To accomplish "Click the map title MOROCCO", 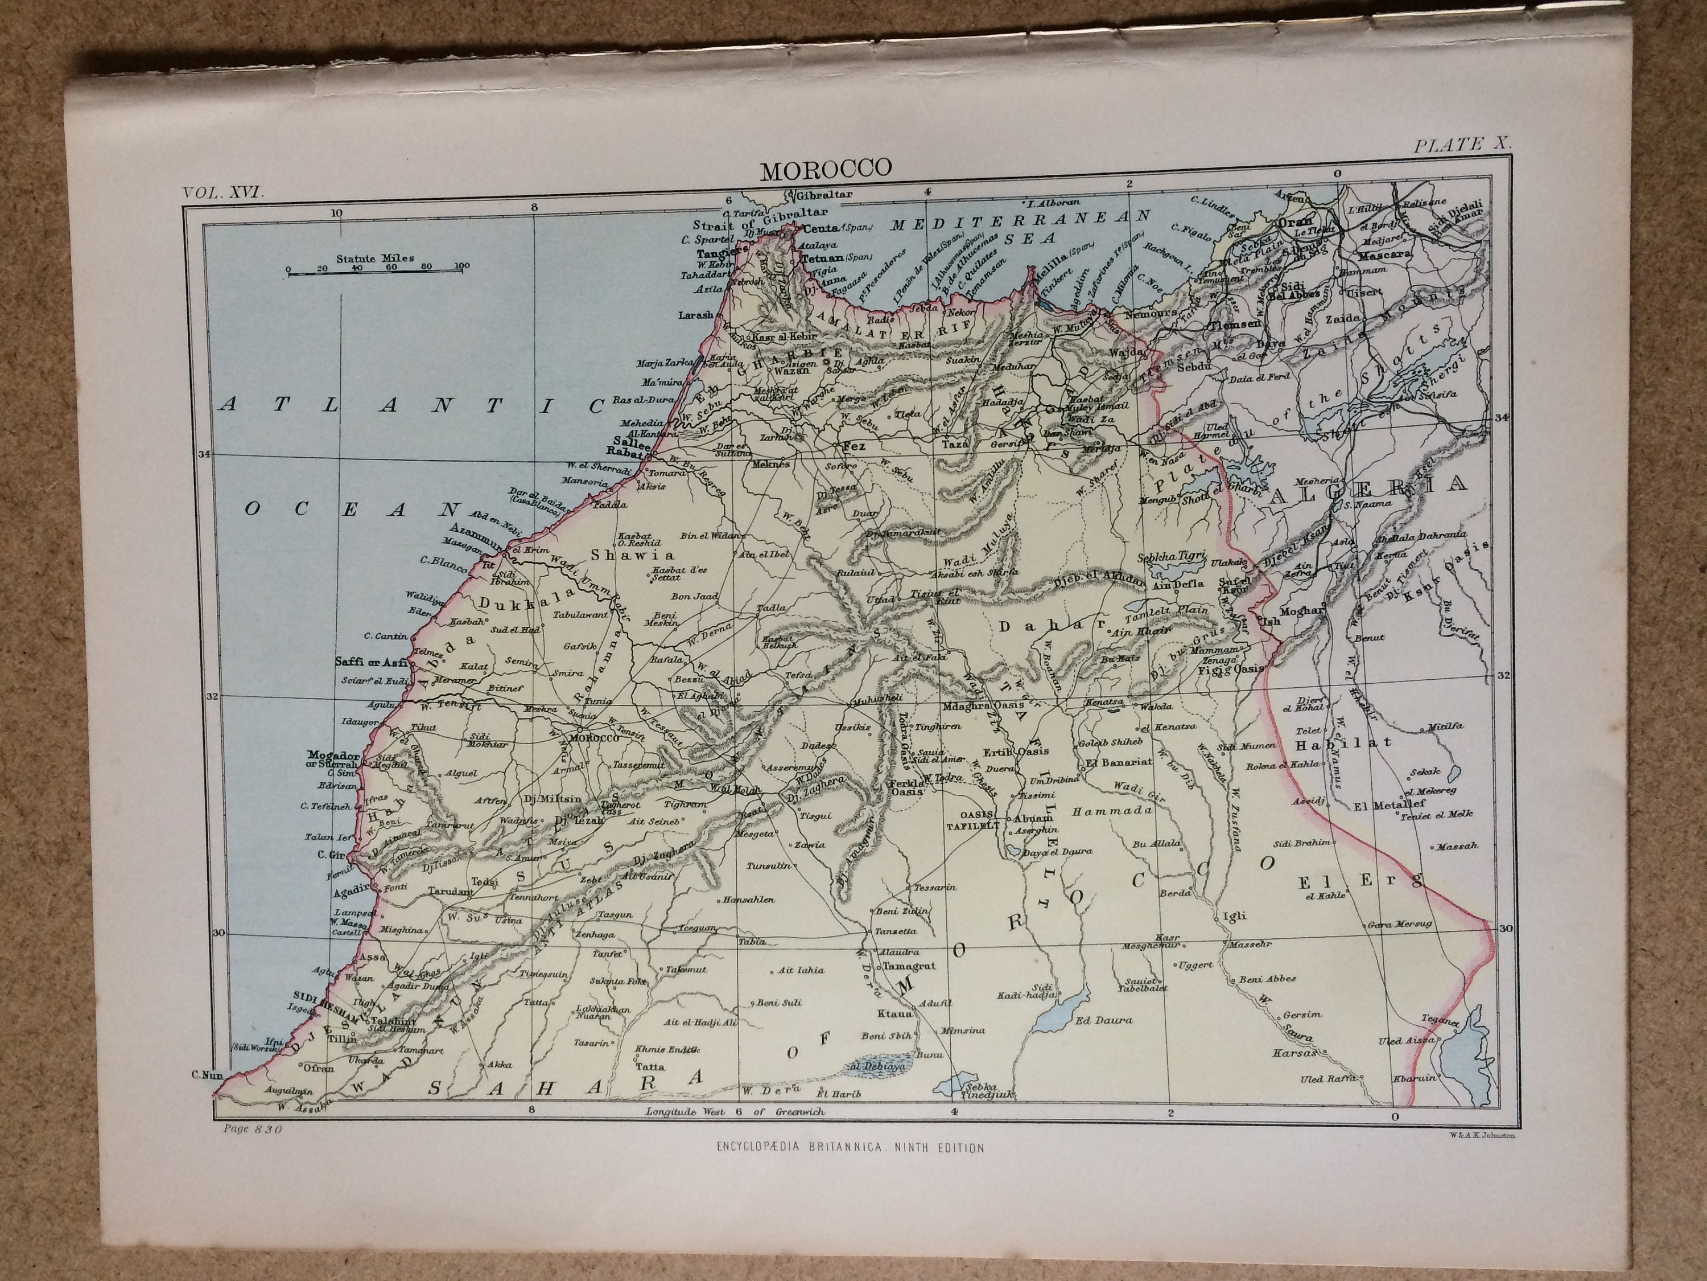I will [826, 169].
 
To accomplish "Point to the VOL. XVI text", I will [224, 193].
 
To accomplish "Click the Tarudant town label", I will [451, 891].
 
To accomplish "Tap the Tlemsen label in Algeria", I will [1235, 326].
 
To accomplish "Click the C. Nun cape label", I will [207, 1074].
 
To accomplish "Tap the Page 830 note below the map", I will [252, 1129].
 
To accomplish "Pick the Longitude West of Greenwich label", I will [735, 1112].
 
